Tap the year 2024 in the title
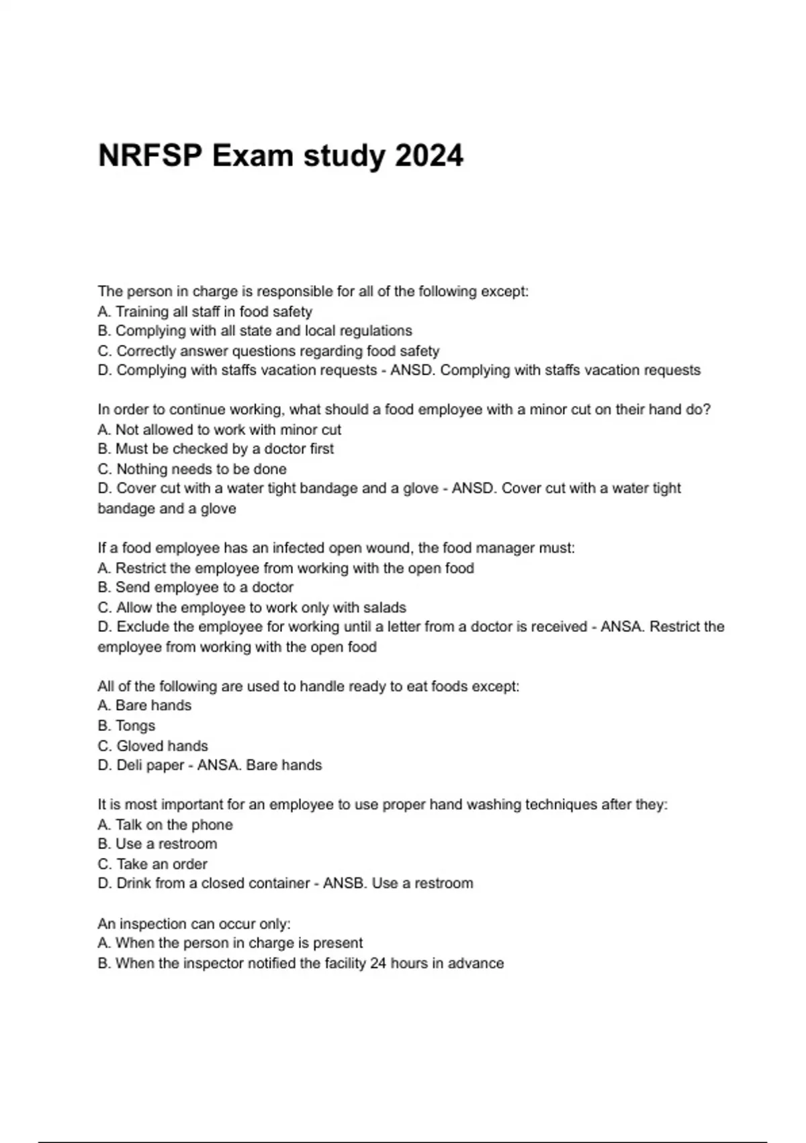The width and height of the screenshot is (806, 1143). [429, 156]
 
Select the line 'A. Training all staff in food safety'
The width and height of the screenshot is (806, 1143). [205, 311]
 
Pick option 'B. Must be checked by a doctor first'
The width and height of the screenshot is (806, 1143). [216, 448]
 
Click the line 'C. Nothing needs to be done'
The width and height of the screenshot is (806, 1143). [192, 469]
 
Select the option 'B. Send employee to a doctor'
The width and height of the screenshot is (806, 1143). [195, 587]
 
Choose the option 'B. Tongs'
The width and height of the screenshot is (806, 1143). [126, 725]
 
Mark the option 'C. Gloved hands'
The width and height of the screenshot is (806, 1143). [152, 746]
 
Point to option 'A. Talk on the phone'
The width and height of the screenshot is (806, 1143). [165, 824]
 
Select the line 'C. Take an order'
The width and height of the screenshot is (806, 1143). [152, 864]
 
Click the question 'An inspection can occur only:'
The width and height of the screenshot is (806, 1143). [194, 924]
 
